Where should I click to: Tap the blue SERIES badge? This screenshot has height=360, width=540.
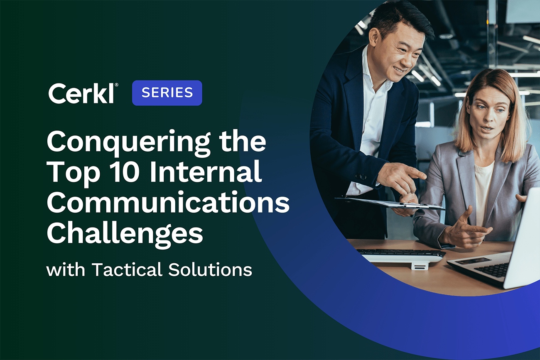point(167,93)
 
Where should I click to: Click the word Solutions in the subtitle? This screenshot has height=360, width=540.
point(210,270)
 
